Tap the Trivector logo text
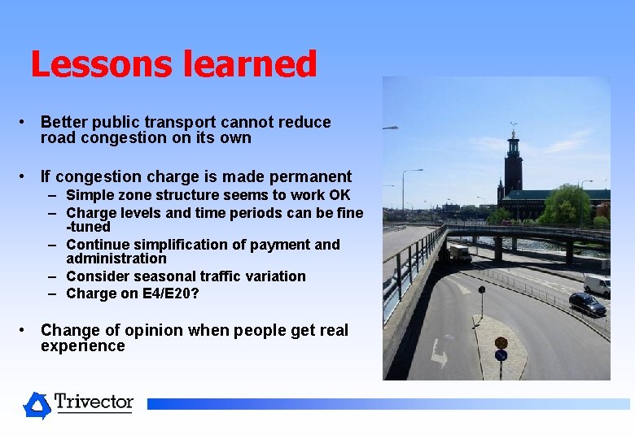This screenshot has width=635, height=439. click(x=94, y=402)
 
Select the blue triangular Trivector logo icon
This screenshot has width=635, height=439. click(x=37, y=405)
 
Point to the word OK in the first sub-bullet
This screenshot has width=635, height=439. click(x=339, y=195)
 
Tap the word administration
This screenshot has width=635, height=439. click(x=116, y=259)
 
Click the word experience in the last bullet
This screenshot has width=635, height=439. click(x=82, y=346)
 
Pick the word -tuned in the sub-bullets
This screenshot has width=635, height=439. click(x=88, y=227)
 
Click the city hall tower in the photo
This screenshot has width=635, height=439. click(x=513, y=163)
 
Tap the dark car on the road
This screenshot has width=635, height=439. click(x=586, y=304)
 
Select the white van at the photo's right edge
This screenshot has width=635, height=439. click(x=597, y=285)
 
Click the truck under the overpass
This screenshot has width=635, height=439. click(x=458, y=254)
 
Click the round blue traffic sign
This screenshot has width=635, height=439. click(x=501, y=355)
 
